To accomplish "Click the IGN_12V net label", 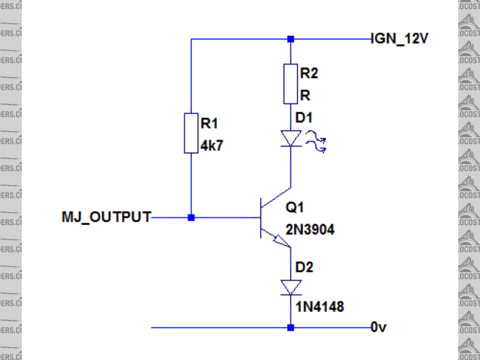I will [400, 39].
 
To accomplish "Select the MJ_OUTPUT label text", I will [106, 217].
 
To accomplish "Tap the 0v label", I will [379, 328].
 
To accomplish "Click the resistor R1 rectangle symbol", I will [191, 133].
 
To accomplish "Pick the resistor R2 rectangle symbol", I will [290, 84].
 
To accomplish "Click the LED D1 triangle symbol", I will [290, 138].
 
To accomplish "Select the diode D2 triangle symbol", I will [290, 287].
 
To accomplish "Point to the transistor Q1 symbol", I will [270, 218].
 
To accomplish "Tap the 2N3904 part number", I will [310, 230].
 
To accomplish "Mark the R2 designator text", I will [308, 73].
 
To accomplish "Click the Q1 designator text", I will [297, 207].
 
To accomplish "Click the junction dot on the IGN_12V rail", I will [291, 39].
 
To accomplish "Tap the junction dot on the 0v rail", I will [291, 328].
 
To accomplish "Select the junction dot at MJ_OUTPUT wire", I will [191, 217].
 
